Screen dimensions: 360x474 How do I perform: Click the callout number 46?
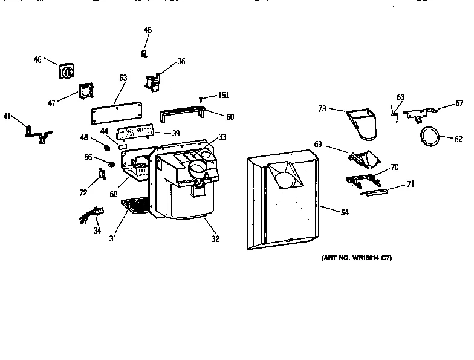pyautogui.click(x=37, y=59)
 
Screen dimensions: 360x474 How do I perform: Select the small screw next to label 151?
pyautogui.click(x=200, y=97)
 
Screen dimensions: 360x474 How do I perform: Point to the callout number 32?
pyautogui.click(x=215, y=239)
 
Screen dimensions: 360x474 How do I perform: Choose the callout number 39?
pyautogui.click(x=175, y=133)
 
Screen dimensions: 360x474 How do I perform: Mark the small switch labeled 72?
pyautogui.click(x=102, y=175)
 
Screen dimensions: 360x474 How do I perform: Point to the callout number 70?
pyautogui.click(x=394, y=167)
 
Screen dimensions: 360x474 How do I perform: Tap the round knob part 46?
pyautogui.click(x=66, y=72)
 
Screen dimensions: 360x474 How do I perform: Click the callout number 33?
pyautogui.click(x=222, y=137)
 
